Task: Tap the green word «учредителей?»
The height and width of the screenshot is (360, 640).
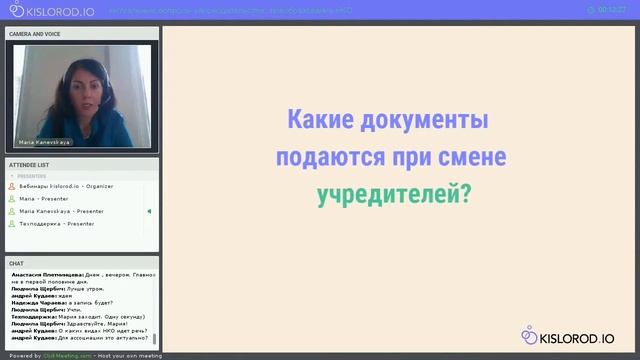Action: pyautogui.click(x=392, y=193)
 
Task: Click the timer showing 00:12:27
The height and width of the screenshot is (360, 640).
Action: pyautogui.click(x=611, y=9)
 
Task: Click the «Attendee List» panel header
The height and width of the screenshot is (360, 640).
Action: pyautogui.click(x=29, y=164)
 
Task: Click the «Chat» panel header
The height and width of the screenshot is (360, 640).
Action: pyautogui.click(x=16, y=263)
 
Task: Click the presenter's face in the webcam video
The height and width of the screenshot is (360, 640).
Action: pyautogui.click(x=81, y=81)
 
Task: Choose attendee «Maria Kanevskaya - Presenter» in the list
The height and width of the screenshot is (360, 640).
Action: pyautogui.click(x=62, y=211)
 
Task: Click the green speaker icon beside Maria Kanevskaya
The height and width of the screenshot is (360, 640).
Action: pyautogui.click(x=149, y=211)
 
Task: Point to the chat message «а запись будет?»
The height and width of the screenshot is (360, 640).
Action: pyautogui.click(x=91, y=302)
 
